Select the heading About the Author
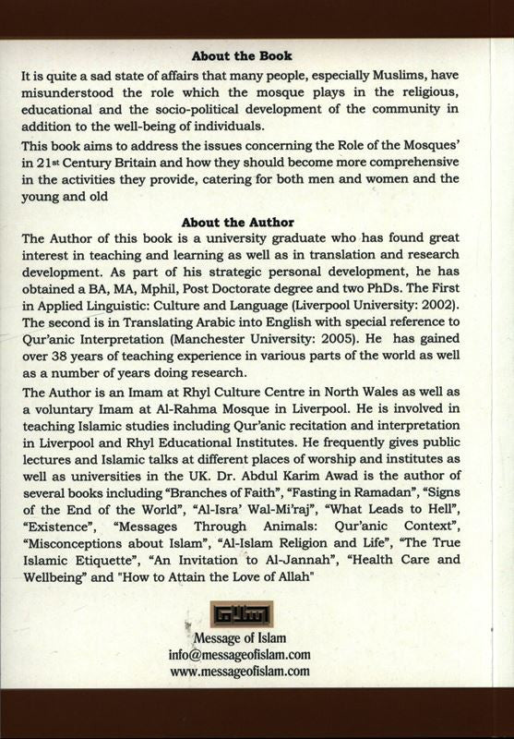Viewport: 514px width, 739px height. click(238, 223)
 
